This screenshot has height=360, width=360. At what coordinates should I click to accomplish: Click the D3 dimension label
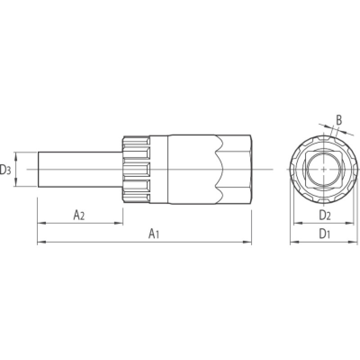click(x=5, y=170)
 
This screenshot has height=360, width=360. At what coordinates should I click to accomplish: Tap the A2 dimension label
click(x=79, y=215)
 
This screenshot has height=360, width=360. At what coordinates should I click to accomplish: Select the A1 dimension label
click(x=154, y=234)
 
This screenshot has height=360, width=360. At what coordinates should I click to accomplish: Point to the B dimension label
click(x=339, y=120)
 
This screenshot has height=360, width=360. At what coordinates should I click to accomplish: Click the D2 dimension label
click(x=324, y=215)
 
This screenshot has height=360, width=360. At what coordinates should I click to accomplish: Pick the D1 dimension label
click(x=324, y=234)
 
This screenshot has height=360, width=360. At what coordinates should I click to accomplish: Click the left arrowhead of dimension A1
click(x=41, y=242)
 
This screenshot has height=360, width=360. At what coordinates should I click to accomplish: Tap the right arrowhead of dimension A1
click(x=247, y=242)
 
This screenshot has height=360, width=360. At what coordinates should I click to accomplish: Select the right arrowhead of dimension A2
click(x=119, y=223)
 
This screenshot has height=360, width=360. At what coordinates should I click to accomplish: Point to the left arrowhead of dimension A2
click(x=41, y=223)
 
